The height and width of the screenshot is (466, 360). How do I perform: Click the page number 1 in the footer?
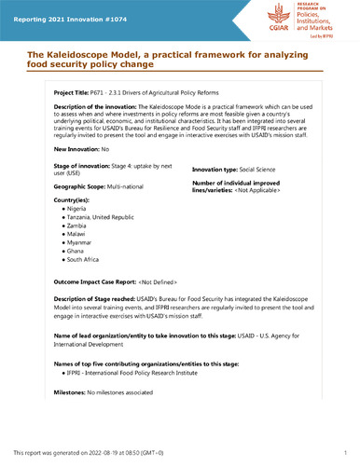point(345,452)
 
